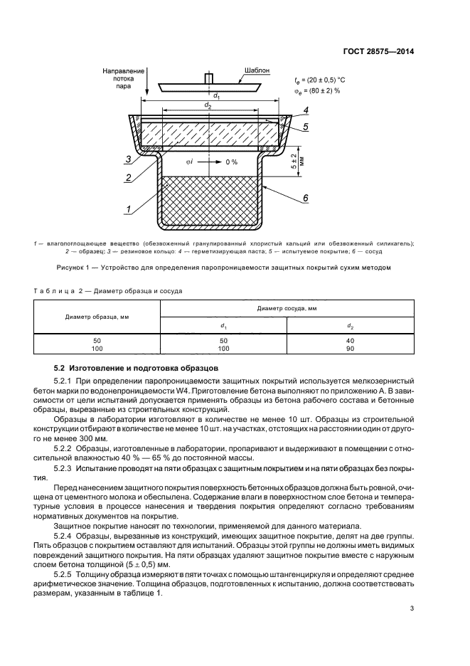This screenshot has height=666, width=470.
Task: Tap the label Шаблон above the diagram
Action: [x=256, y=72]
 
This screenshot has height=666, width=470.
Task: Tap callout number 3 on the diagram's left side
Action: [x=127, y=159]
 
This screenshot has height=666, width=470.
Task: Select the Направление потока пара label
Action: [x=123, y=79]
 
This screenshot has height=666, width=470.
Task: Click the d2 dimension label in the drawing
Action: [x=207, y=105]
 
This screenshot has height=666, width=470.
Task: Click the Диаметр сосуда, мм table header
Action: [x=287, y=309]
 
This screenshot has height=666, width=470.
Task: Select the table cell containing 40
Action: [x=350, y=341]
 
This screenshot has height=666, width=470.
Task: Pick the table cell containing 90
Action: [x=350, y=349]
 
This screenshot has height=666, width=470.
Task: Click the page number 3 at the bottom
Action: [x=412, y=608]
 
